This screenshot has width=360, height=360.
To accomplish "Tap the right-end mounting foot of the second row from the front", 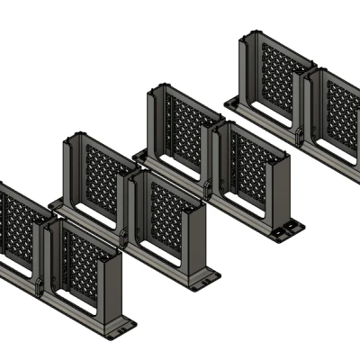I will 205,282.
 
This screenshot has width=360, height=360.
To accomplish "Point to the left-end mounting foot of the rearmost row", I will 232,101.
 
